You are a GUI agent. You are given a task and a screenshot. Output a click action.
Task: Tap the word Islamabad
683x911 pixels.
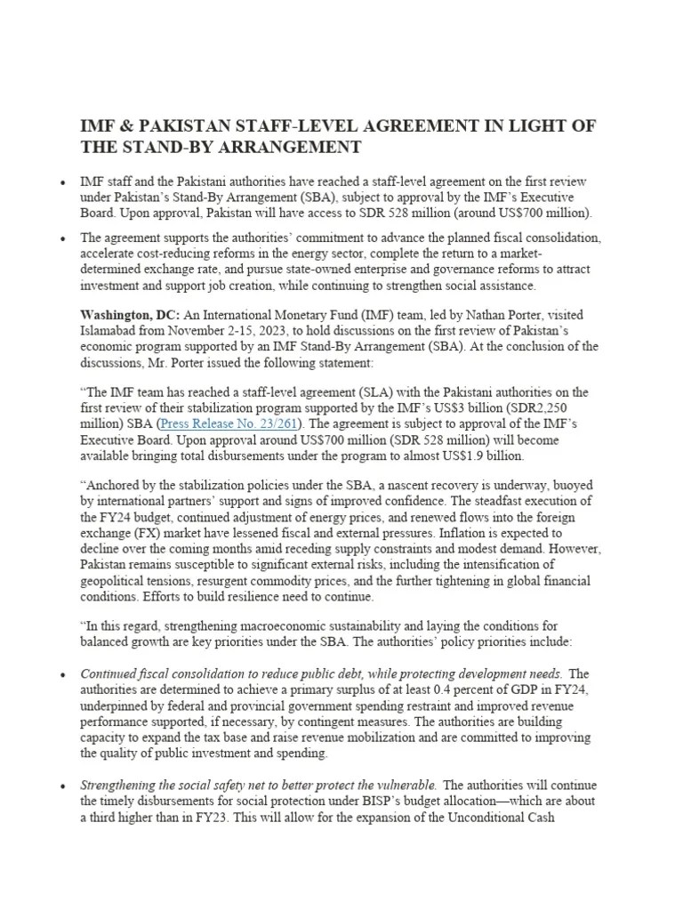(112, 331)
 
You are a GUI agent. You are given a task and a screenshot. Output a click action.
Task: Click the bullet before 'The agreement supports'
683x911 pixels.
(62, 238)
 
